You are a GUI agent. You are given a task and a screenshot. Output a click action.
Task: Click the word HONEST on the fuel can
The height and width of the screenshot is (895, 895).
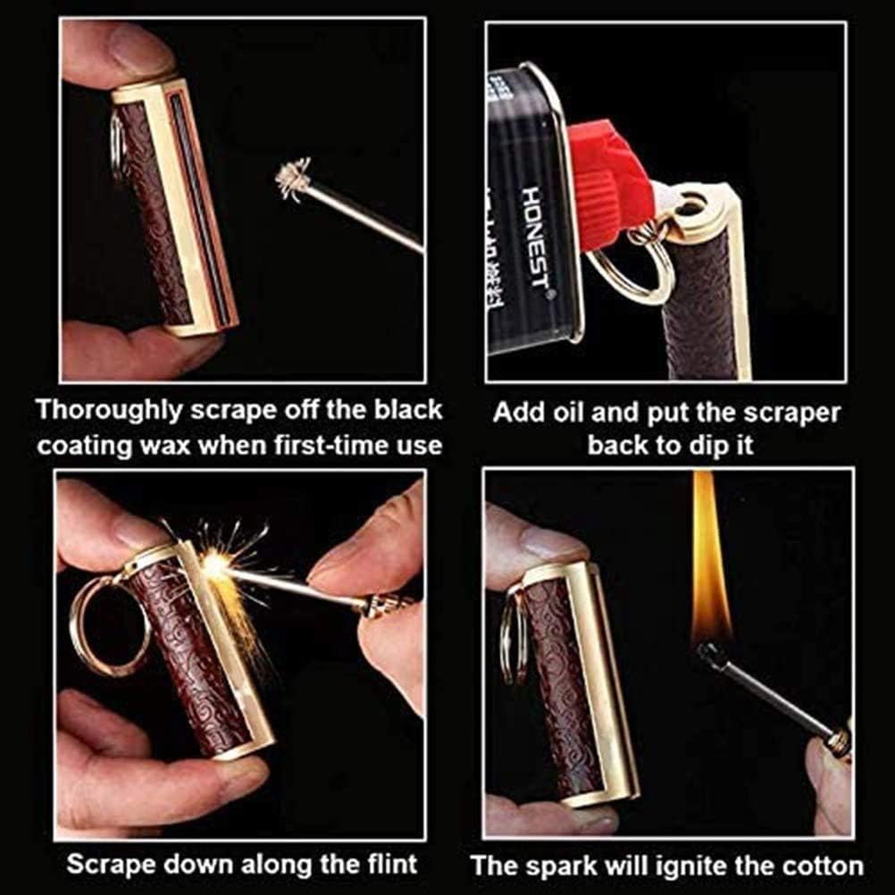click(x=533, y=236)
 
